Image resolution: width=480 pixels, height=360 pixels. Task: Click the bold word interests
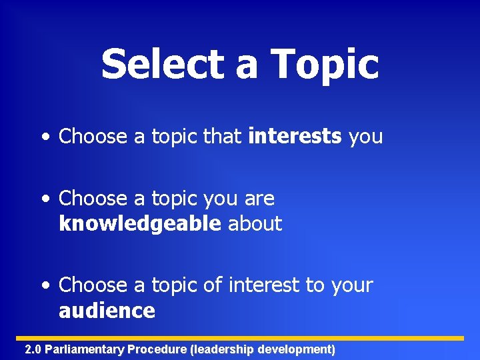[295, 137]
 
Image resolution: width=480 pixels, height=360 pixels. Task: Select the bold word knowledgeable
[139, 224]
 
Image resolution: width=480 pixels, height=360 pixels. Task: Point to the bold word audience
[107, 311]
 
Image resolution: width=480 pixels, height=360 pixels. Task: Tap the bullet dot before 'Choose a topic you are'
[44, 199]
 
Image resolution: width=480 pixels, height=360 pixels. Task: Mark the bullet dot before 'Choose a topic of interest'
[44, 286]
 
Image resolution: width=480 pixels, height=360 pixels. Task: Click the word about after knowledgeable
[255, 224]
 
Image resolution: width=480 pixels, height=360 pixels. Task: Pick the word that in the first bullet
[222, 137]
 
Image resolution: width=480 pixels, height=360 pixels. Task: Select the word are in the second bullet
[261, 199]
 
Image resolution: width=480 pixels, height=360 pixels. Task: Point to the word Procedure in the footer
[157, 349]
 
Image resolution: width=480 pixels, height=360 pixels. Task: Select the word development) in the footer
[296, 349]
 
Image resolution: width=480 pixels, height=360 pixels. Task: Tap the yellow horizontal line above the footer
[240, 338]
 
